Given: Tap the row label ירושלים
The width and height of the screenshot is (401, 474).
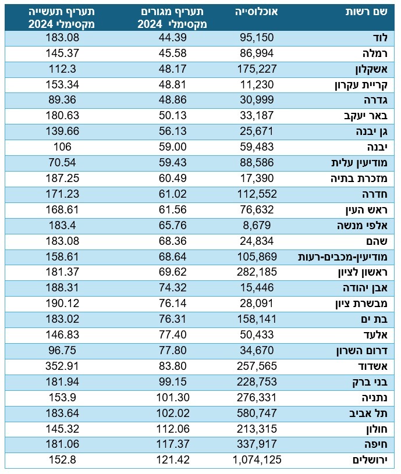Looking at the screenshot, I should click(x=371, y=460).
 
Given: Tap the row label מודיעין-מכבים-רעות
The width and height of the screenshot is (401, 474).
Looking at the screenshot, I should click(x=348, y=256).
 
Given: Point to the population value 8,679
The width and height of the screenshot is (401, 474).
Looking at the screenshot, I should click(x=257, y=226).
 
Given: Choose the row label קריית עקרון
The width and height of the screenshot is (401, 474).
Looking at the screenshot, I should click(x=368, y=84).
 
